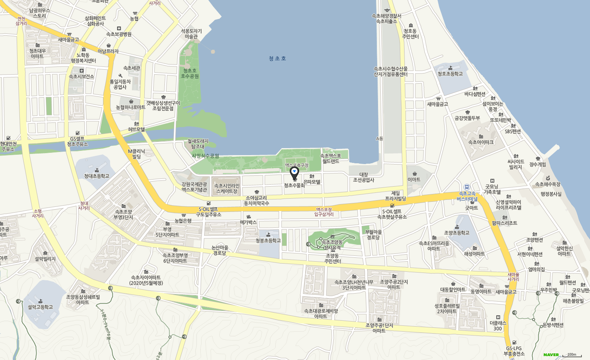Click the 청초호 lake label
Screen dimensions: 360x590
pos(277,58)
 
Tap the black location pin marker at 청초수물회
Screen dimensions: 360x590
pos(294,173)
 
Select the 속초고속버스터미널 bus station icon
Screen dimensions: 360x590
pos(467,187)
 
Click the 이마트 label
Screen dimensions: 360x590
pos(414,180)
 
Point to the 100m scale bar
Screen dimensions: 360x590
pos(572,355)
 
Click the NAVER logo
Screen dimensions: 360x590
pos(551,355)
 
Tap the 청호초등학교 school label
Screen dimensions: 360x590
pos(450,74)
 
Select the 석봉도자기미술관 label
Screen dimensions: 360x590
pos(191,34)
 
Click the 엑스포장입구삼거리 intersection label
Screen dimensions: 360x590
pos(324,212)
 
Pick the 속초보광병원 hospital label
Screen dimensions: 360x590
pos(119,34)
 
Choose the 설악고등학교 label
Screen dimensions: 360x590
pos(40,307)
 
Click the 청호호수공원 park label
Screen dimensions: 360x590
pos(190,73)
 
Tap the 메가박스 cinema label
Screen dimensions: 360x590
pos(249,222)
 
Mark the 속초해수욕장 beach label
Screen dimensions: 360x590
pos(548,184)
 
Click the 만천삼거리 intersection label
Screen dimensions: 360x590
pos(21,21)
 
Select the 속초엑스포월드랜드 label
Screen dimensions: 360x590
pos(331,158)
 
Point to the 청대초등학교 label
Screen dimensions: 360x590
pos(96,176)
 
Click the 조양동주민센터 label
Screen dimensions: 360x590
pos(332,259)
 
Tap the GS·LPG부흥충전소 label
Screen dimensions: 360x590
pos(514,351)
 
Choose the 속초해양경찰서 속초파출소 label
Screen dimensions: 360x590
pos(387,19)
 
